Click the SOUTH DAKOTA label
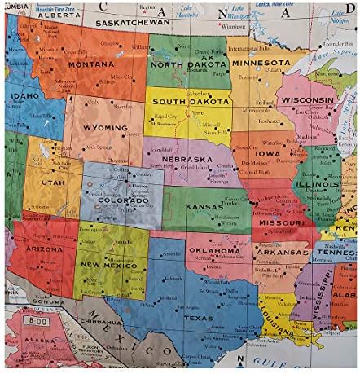click(189, 101)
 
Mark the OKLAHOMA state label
click(216, 250)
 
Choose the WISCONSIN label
click(306, 99)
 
